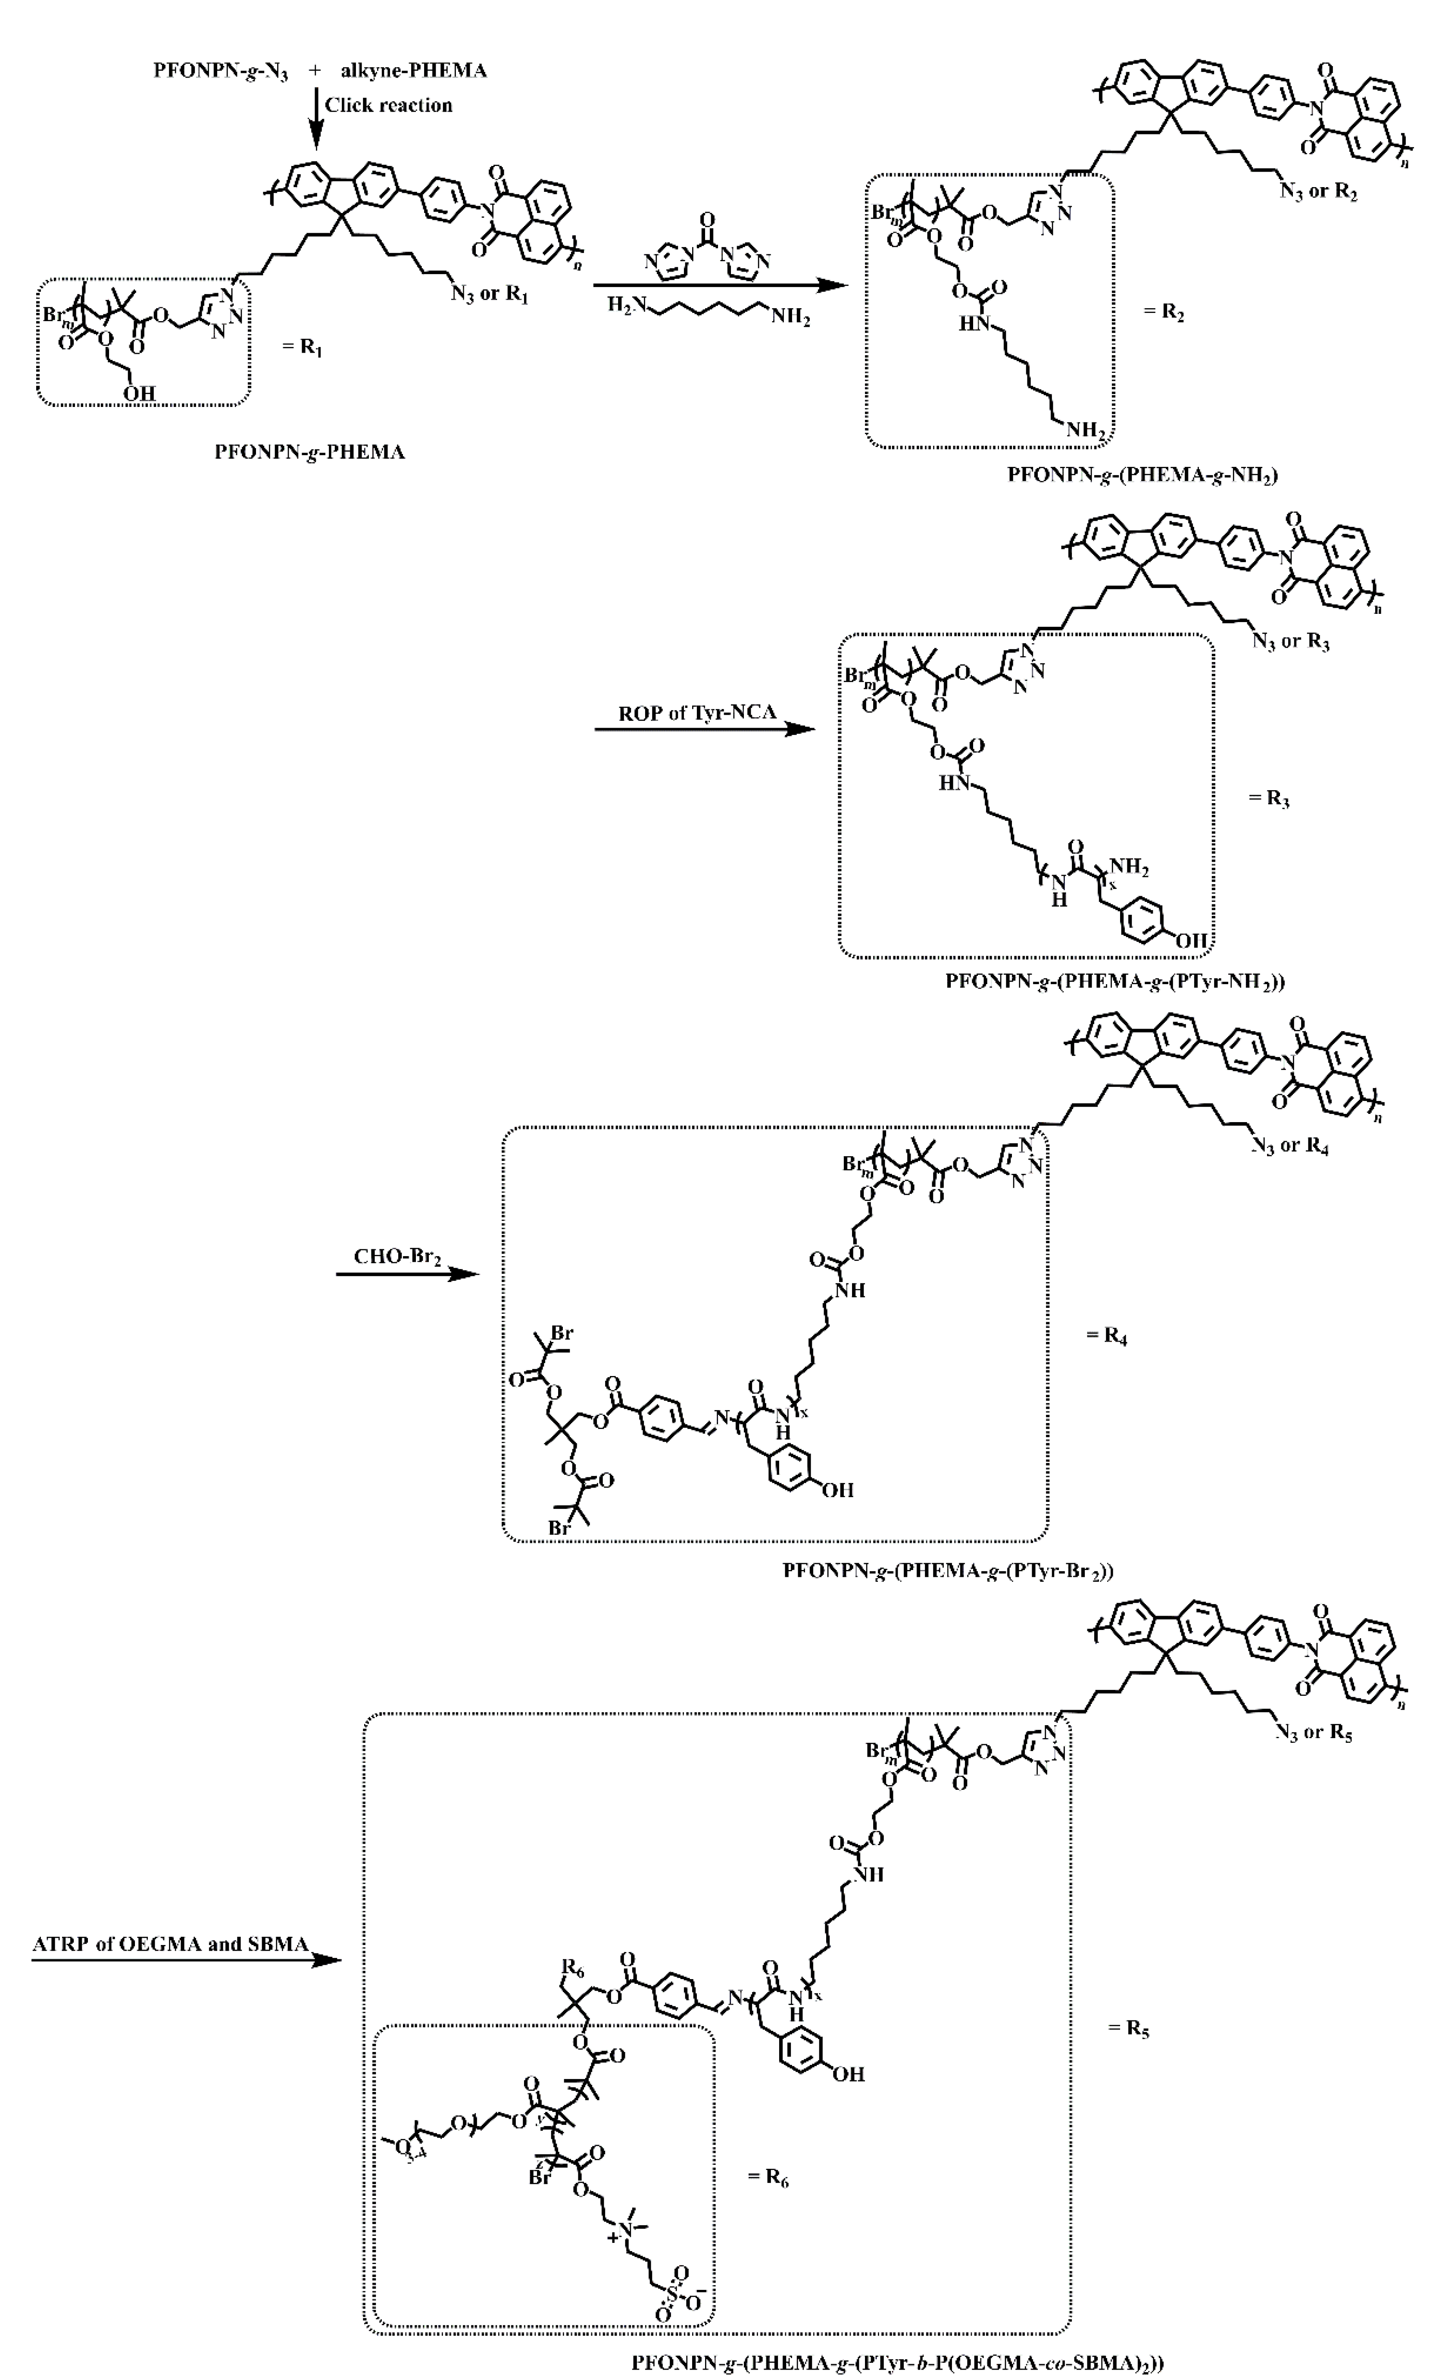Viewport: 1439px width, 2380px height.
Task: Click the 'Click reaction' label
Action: coord(388,105)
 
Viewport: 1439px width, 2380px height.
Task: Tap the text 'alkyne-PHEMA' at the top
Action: coord(413,71)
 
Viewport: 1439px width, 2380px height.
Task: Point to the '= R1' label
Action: coord(302,346)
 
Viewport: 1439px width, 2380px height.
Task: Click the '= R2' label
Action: coord(1164,312)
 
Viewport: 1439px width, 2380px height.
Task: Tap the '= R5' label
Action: coord(1128,2027)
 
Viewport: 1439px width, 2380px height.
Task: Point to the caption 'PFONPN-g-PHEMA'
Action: coord(309,452)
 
